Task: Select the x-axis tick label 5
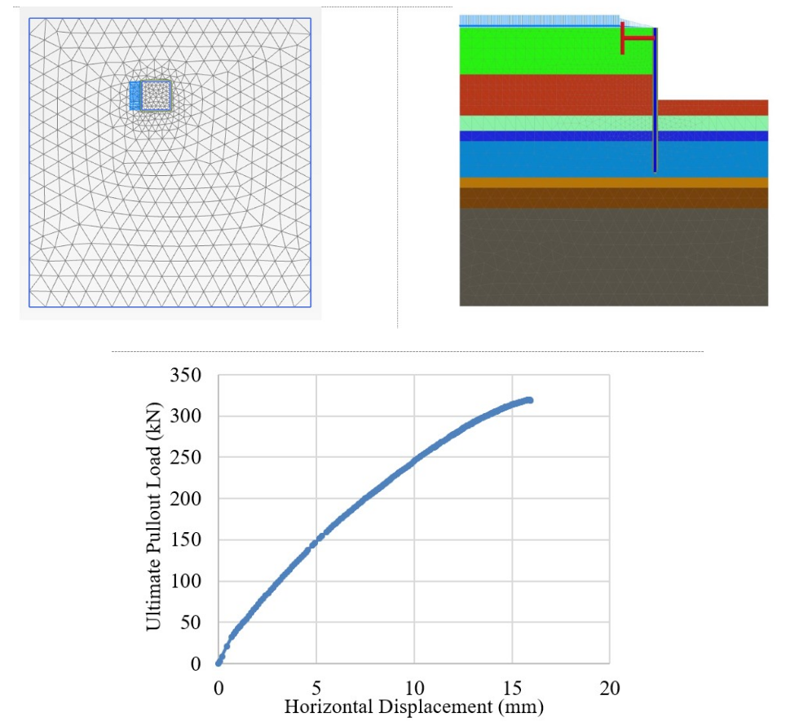pos(316,689)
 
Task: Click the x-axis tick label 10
pos(414,689)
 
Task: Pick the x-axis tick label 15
pos(512,689)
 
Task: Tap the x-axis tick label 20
pos(610,689)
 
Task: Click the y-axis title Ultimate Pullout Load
pos(152,519)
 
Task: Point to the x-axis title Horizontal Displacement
pos(413,707)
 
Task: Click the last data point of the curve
pos(530,400)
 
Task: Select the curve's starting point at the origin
pos(219,663)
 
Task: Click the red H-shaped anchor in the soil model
pos(637,37)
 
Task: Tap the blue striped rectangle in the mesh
pos(135,95)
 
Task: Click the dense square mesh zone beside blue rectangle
pos(156,95)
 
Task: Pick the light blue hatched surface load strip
pos(538,20)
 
